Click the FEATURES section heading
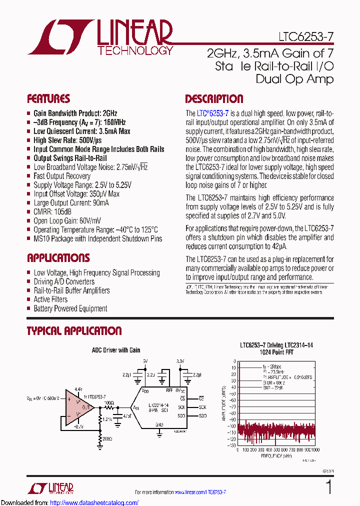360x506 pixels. pos(48,98)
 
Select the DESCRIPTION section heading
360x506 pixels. pos(214,98)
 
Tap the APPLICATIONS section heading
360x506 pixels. pos(58,258)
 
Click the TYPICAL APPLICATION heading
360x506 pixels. pos(74,330)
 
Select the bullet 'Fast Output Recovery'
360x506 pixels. pos(62,176)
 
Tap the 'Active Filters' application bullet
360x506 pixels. pos(50,299)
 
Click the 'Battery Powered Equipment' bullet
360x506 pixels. pos(70,308)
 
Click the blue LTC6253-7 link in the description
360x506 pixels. pos(212,113)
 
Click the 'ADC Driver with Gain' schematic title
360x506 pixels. pos(115,350)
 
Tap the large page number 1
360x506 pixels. pos(328,487)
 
